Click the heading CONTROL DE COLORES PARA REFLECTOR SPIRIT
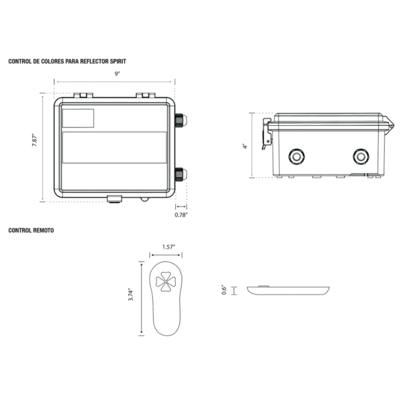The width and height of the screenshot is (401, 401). (68, 61)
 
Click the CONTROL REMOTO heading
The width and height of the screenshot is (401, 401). (31, 230)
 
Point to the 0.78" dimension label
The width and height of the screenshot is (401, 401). (180, 215)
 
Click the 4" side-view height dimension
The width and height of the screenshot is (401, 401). (245, 146)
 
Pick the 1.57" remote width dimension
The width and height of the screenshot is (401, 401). (168, 247)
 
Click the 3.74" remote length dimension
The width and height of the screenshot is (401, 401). (132, 296)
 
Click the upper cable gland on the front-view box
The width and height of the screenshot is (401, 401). (181, 121)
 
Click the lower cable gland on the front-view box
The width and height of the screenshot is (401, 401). (181, 174)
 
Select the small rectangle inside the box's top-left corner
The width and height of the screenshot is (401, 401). (78, 118)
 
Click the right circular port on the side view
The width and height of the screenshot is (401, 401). (362, 157)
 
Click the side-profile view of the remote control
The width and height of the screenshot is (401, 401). (289, 289)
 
